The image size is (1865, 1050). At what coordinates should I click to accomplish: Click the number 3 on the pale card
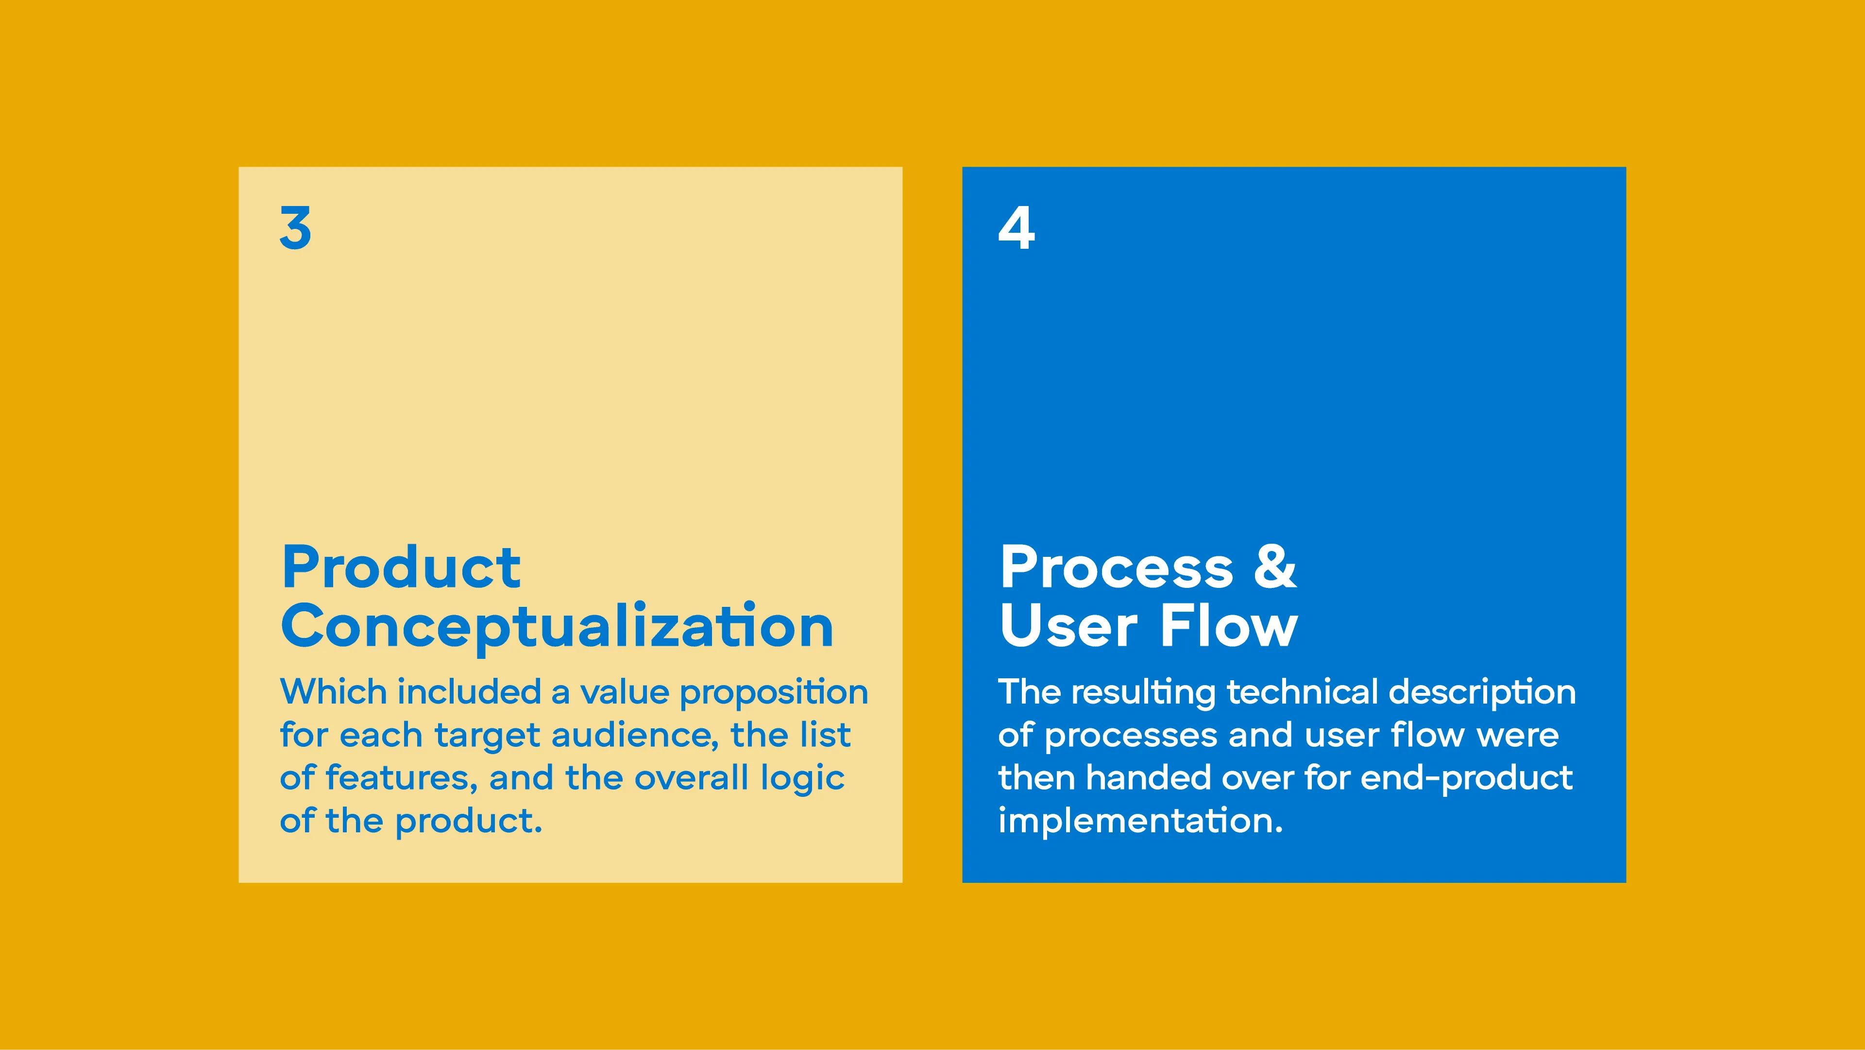point(295,227)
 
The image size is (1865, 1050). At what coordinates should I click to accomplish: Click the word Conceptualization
point(558,627)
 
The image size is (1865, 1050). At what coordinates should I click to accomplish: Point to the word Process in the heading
point(1117,568)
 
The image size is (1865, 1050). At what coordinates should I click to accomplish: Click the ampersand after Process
point(1275,566)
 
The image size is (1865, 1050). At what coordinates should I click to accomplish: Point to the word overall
point(692,778)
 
